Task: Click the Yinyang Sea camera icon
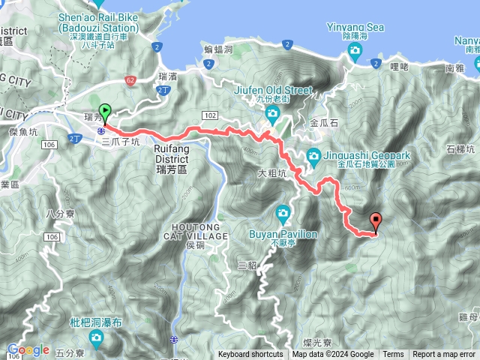coord(355,51)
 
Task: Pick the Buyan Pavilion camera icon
coord(283,212)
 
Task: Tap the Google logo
coord(28,349)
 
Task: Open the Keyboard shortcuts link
coord(250,355)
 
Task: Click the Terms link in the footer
coord(393,355)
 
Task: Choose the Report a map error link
coord(444,355)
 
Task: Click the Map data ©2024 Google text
coord(332,355)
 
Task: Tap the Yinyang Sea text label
coord(355,28)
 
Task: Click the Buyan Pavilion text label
coord(283,234)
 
